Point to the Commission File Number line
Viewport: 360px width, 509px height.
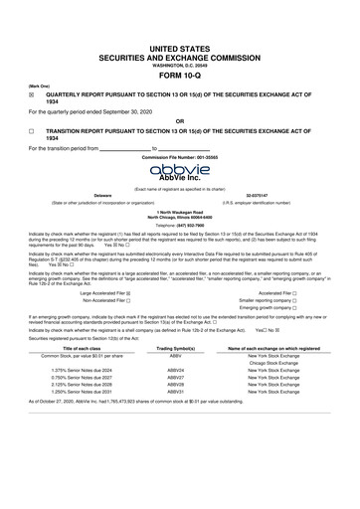pyautogui.click(x=179, y=156)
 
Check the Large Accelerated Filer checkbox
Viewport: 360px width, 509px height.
pyautogui.click(x=156, y=295)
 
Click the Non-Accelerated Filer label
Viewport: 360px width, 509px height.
pyautogui.click(x=117, y=303)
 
